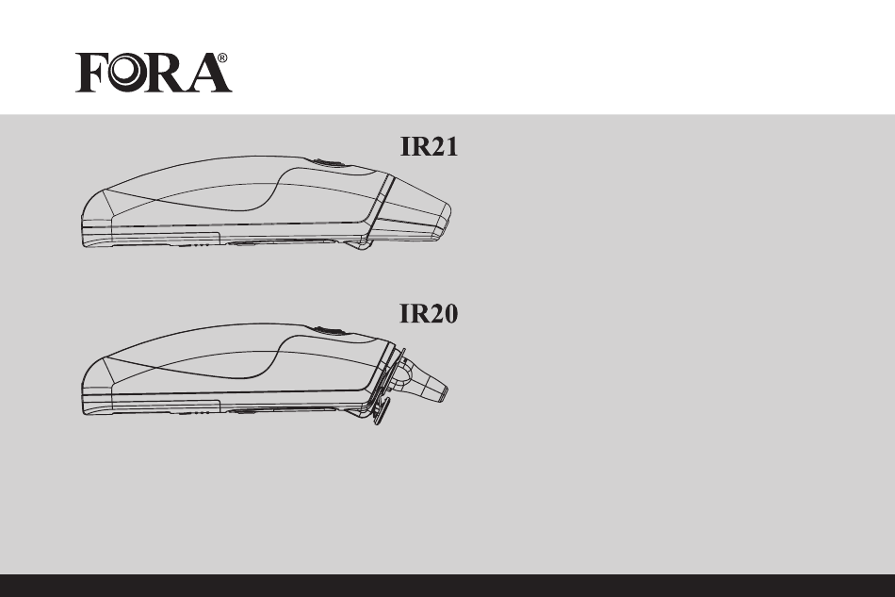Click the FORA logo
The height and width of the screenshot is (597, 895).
(x=154, y=73)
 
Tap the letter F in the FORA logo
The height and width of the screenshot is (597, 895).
(x=91, y=73)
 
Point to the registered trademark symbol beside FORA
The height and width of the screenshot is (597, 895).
(x=222, y=58)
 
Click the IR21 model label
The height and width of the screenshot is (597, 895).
(x=429, y=146)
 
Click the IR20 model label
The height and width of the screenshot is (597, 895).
(x=429, y=314)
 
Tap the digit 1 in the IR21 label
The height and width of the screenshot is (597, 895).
(x=451, y=146)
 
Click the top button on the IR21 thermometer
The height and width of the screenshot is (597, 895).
(x=327, y=163)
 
